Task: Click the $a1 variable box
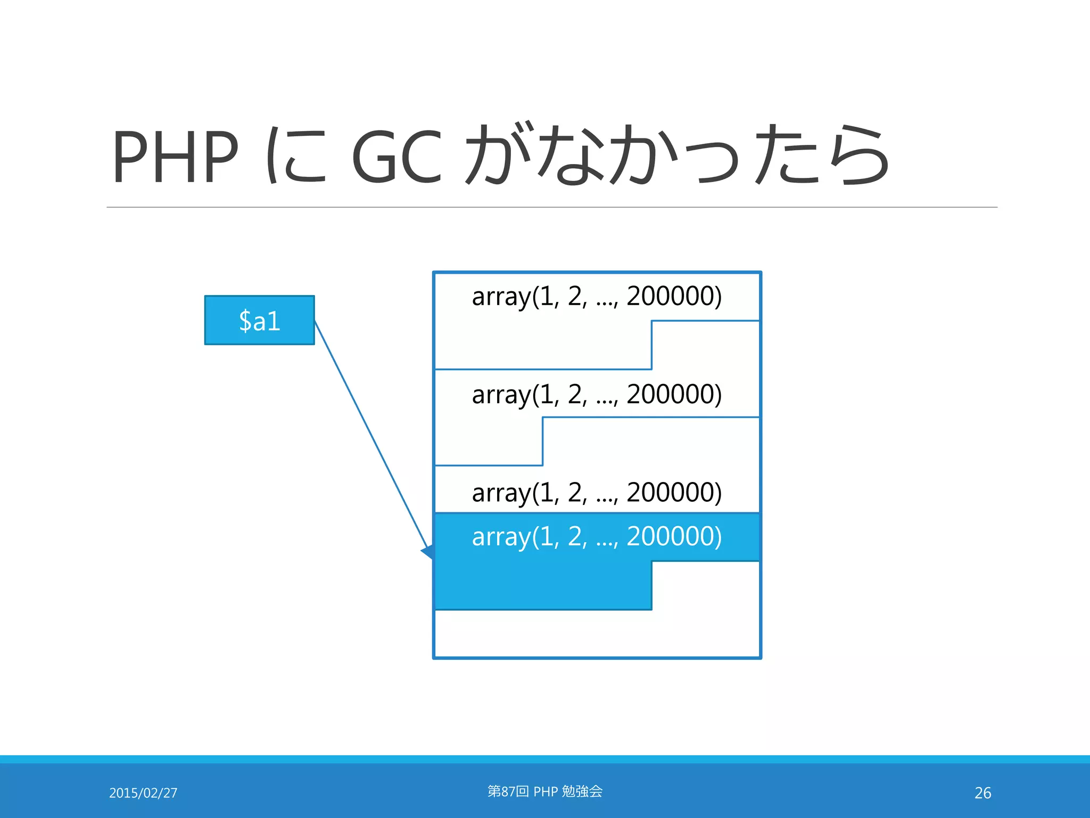pos(259,320)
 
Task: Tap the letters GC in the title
pos(397,157)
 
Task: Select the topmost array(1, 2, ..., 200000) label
pos(596,297)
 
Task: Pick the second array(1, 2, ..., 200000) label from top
pos(596,395)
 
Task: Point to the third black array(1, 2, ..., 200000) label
pos(596,493)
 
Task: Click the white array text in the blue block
pos(596,537)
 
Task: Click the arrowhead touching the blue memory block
pos(428,552)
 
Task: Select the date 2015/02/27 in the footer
pos(143,793)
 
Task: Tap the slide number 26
pos(982,793)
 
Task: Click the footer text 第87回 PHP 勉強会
pos(545,791)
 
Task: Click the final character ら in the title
pos(857,156)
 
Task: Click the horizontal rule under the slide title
pos(551,207)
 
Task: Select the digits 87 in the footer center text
pos(508,791)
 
